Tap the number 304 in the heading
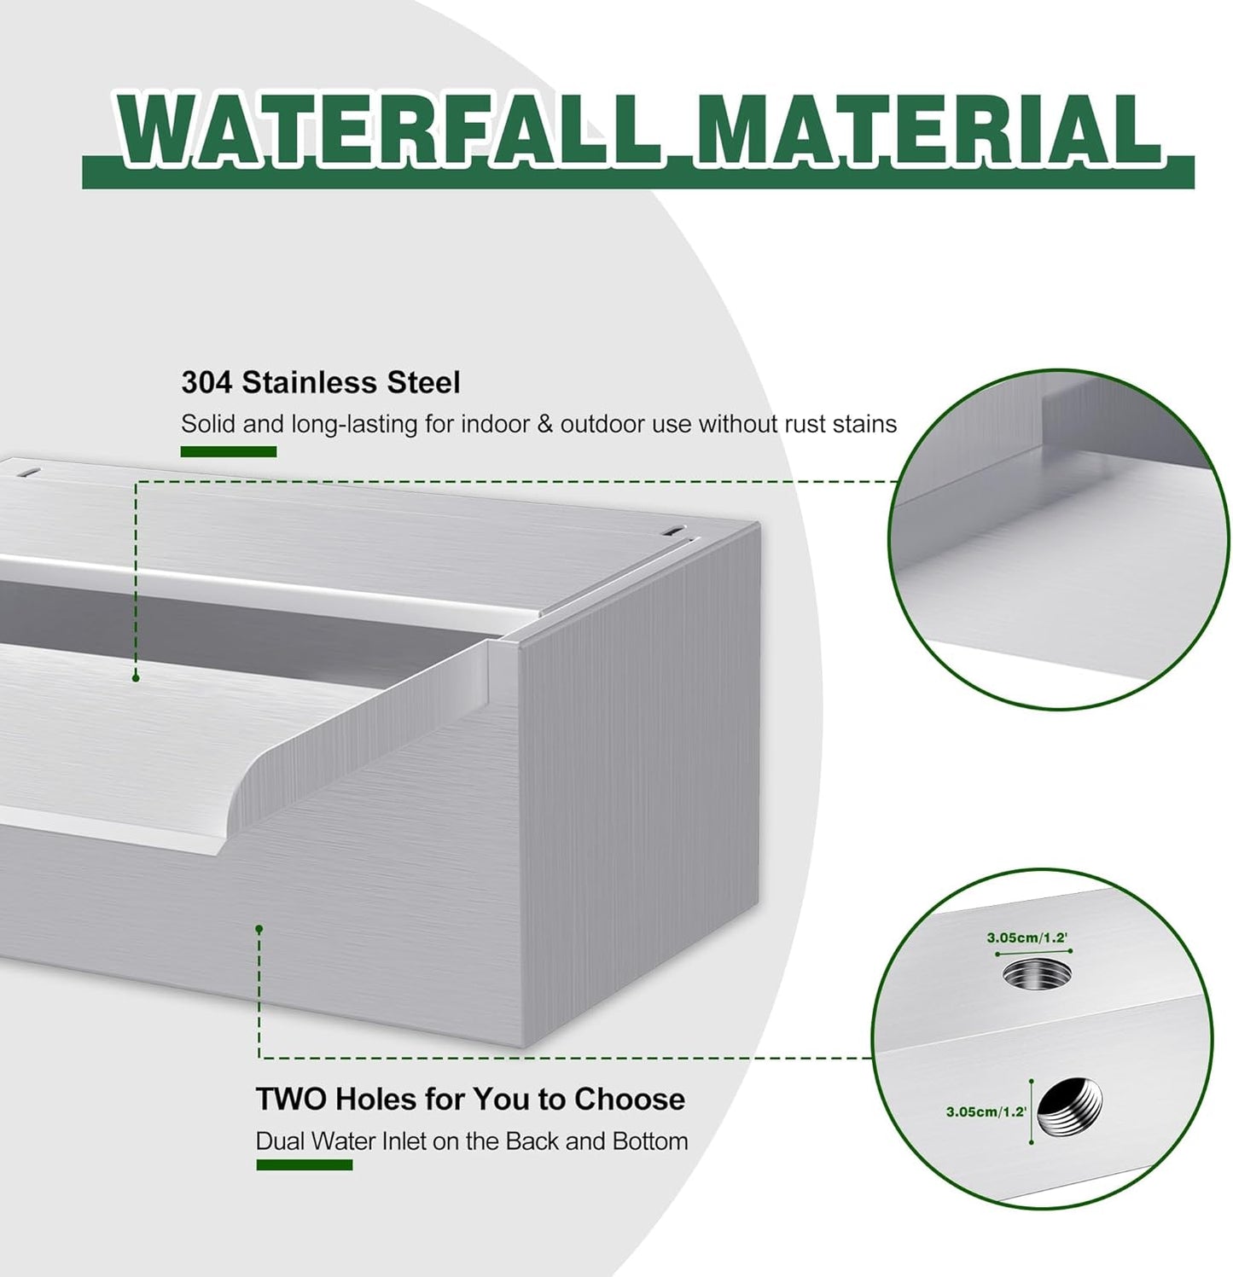click(206, 382)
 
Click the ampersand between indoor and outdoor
click(545, 424)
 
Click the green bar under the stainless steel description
click(228, 451)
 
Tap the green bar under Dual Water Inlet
click(304, 1164)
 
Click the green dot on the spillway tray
click(136, 677)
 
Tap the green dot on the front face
click(259, 928)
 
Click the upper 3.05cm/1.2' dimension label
click(1027, 937)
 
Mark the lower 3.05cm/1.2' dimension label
click(986, 1112)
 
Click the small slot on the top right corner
click(674, 531)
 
